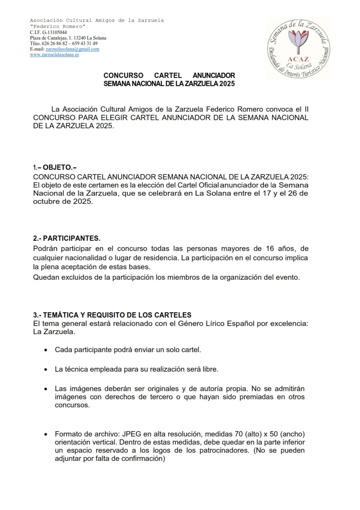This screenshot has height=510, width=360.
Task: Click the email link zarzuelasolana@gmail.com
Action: pos(72,49)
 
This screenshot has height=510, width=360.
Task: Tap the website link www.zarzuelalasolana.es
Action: pos(54,55)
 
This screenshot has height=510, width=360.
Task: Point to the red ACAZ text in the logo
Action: pos(298,59)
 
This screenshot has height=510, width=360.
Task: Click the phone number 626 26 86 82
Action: pos(54,44)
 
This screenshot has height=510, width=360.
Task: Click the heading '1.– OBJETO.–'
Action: pos(55,167)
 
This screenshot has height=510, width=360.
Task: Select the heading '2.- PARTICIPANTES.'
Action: pos(67,238)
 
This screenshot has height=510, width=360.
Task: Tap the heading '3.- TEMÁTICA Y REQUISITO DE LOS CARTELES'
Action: pos(112,315)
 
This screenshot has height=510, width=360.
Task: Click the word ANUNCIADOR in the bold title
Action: pos(214,76)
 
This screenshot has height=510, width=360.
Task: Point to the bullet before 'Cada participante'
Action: pos(46,350)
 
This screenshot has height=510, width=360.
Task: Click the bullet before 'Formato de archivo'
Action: pos(46,434)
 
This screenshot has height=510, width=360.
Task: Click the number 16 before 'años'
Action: pos(270,249)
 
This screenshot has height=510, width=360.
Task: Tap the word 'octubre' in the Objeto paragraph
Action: pos(46,201)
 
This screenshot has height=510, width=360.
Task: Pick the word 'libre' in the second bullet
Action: pos(210,369)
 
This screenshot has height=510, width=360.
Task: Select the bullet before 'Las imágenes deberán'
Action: pos(46,389)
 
